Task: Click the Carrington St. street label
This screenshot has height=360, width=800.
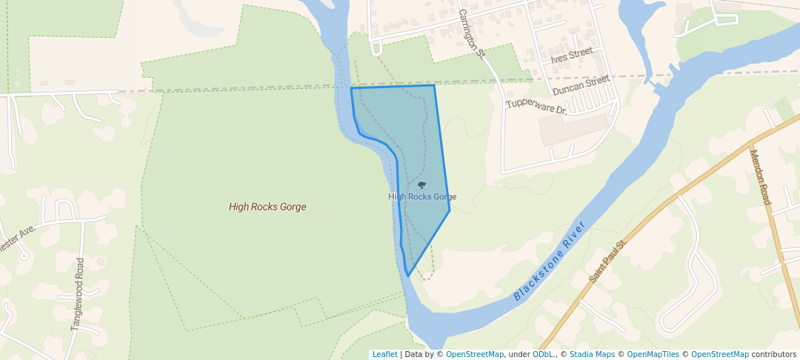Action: (471, 34)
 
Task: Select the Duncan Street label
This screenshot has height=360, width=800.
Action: (581, 85)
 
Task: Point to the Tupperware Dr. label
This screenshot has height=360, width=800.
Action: (536, 105)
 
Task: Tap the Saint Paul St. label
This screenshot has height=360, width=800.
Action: (609, 260)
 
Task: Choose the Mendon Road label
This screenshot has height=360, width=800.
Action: (760, 178)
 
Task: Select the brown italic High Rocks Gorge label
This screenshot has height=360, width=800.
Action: (267, 207)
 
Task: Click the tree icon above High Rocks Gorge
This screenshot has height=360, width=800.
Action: (421, 184)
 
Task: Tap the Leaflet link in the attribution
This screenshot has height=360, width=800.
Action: (384, 355)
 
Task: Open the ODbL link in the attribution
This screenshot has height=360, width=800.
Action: (544, 355)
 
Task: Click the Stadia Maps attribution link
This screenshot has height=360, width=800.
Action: (592, 355)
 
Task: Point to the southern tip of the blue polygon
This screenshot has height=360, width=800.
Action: (408, 276)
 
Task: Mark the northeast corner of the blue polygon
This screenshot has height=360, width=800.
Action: (434, 85)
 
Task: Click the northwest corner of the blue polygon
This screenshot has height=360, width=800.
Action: (351, 88)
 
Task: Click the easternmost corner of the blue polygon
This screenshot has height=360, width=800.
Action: (450, 210)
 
